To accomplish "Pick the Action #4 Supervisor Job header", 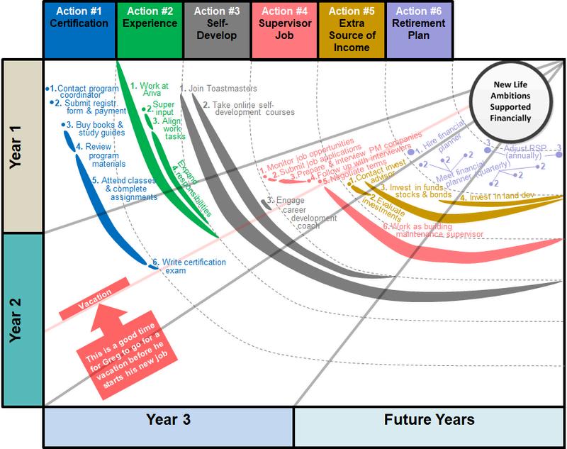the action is pos(283,29).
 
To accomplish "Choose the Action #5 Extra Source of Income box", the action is pos(352,29).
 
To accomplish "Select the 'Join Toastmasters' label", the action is pos(220,89).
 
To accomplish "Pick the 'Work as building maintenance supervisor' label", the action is pos(432,231).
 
